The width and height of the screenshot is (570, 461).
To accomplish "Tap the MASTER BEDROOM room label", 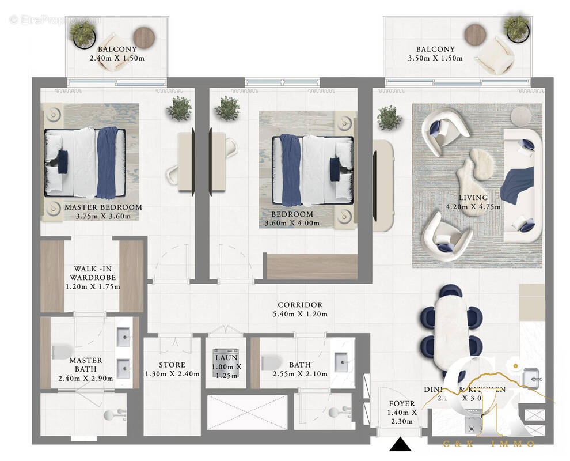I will (103, 207).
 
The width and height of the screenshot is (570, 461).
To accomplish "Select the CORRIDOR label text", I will (300, 305).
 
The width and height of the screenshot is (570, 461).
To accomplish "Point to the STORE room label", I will (172, 365).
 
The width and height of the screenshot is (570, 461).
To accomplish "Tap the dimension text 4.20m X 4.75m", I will (474, 207).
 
